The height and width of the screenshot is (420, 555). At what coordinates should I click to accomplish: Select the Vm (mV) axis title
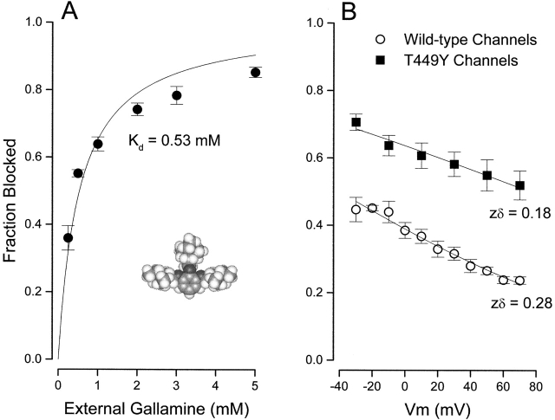(x=436, y=406)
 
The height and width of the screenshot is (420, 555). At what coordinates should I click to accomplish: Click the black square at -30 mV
(x=356, y=122)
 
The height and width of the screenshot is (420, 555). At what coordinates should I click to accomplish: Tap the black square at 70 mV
(x=519, y=185)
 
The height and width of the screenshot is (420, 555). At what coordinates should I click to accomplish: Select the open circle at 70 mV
(x=519, y=281)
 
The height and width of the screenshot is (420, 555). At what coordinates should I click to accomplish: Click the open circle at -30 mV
(x=356, y=210)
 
